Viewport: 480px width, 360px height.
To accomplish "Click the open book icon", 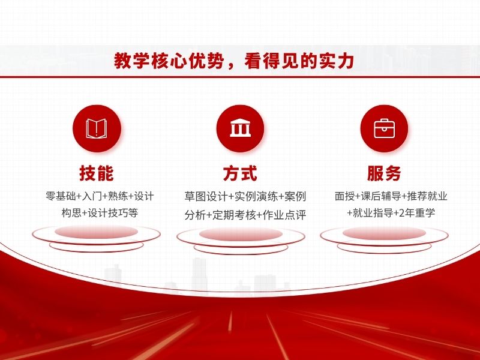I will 97,128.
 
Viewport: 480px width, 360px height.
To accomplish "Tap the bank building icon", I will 240,128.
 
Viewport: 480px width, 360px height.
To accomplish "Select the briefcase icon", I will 383,128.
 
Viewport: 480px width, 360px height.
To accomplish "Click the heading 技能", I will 97,173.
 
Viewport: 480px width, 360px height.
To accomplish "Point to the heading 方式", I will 240,173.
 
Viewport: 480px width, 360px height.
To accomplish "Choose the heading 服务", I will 384,173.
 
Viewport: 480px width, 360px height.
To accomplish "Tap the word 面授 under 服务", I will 344,196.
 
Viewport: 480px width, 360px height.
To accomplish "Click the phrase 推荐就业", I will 428,196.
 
